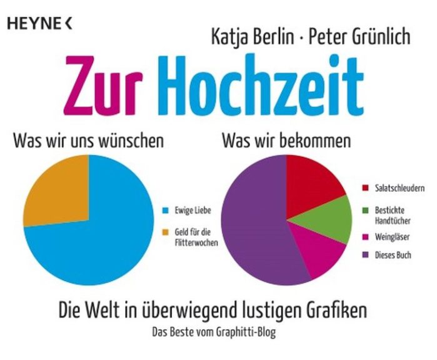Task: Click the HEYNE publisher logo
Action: [40, 24]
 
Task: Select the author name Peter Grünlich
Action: [354, 36]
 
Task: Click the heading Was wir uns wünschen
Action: [88, 141]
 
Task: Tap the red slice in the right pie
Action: [313, 181]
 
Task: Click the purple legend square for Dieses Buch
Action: [366, 254]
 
